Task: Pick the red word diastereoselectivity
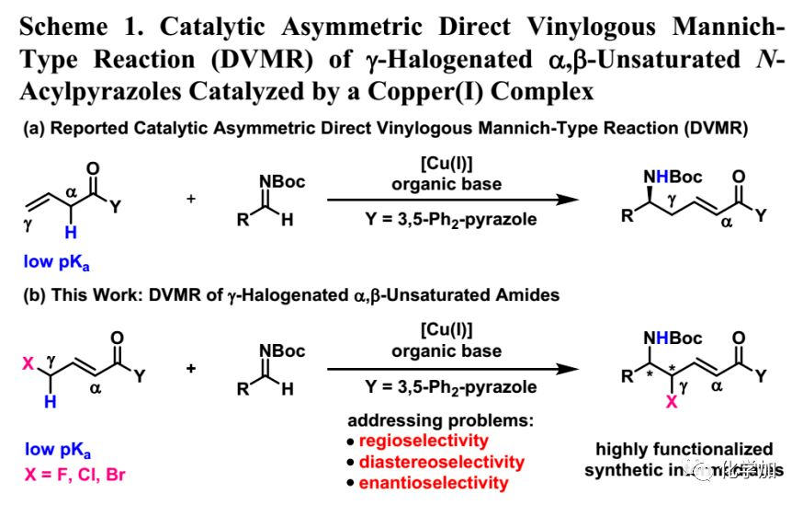(x=442, y=462)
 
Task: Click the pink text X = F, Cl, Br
(x=73, y=474)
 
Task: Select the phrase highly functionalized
(x=684, y=450)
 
